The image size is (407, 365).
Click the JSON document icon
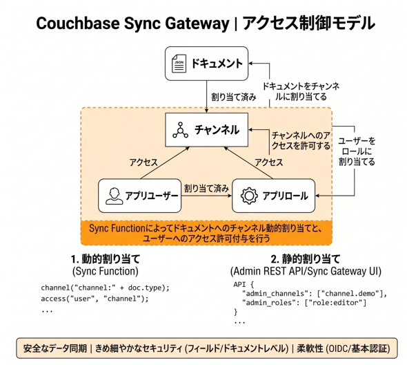[179, 63]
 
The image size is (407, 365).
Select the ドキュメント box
[207, 64]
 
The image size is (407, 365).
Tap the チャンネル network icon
[181, 130]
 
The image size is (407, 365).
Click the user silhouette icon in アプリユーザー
[115, 196]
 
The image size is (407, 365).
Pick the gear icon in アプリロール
[249, 196]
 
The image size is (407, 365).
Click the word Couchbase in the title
[78, 23]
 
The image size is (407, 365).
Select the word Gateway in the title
[197, 24]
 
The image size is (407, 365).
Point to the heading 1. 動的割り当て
[106, 259]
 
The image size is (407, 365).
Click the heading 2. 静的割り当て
[306, 259]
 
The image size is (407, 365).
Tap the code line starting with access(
[95, 299]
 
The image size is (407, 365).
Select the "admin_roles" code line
[304, 303]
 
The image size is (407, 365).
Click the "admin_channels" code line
[315, 294]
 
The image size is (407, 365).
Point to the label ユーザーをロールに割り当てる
[357, 151]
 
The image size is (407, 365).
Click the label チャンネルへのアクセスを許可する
[301, 140]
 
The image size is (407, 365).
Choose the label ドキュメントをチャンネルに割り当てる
[301, 91]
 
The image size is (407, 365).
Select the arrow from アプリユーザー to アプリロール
[206, 196]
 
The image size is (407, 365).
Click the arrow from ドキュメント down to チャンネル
[207, 97]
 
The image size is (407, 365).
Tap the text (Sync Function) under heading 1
[106, 272]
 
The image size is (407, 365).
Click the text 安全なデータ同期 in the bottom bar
[54, 348]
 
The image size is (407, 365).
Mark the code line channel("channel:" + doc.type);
[105, 288]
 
